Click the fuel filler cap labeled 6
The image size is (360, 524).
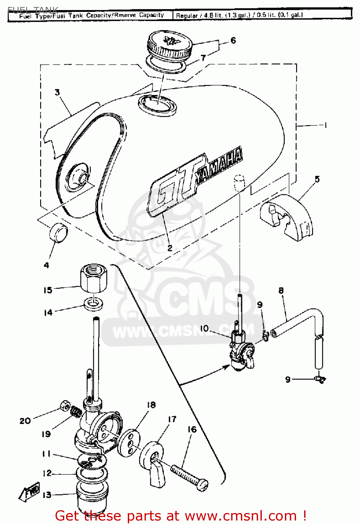point(169,45)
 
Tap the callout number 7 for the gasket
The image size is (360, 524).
point(203,58)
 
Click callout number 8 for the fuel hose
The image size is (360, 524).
point(281,290)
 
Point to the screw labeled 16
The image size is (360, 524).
point(189,477)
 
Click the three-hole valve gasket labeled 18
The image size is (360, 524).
point(128,443)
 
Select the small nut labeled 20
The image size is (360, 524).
point(65,406)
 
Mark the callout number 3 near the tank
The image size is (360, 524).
point(57,92)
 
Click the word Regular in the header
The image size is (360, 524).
point(187,15)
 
